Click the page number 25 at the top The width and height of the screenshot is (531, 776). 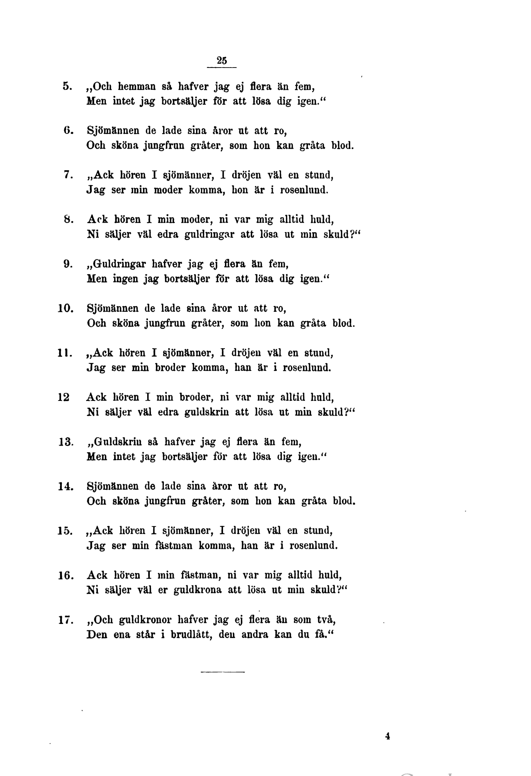[222, 60]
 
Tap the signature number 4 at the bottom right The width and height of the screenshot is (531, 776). [387, 736]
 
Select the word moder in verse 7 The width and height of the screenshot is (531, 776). [168, 190]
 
